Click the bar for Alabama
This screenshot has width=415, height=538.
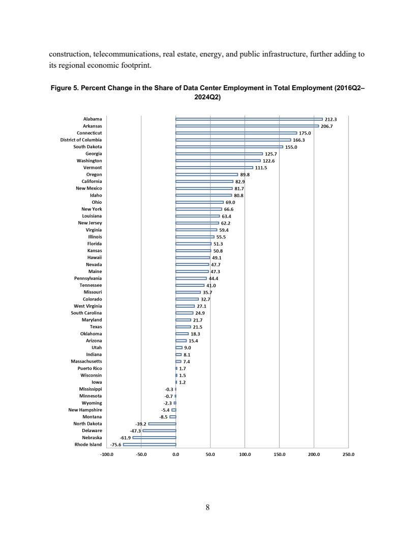[x=249, y=119]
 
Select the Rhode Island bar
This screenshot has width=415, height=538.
[x=150, y=444]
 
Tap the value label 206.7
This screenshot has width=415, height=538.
[x=327, y=126]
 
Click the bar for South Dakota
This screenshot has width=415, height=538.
[x=229, y=147]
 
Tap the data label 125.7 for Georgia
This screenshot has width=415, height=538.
[x=271, y=153]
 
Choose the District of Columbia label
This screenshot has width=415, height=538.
[x=81, y=140]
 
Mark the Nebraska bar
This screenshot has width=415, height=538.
[x=154, y=437]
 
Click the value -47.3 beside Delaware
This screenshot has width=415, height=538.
[x=135, y=431]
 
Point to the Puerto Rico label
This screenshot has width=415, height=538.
[x=90, y=368]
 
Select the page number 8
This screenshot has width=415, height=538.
[x=207, y=507]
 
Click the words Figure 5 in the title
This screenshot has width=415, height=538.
[x=64, y=88]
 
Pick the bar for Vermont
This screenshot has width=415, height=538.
[x=214, y=167]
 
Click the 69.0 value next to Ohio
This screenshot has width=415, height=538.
[x=230, y=202]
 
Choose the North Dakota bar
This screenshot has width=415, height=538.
[x=162, y=423]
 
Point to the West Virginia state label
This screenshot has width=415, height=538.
[x=87, y=306]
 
